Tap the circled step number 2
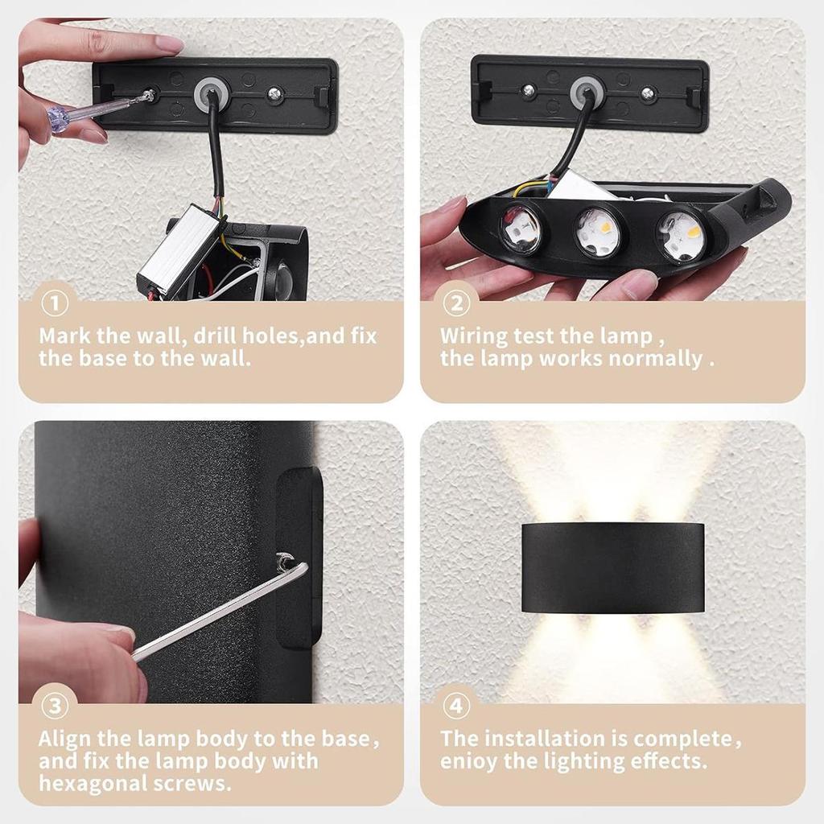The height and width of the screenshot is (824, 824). click(x=456, y=305)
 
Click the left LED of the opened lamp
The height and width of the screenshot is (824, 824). click(x=521, y=228)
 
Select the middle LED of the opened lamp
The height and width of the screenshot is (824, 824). click(x=599, y=232)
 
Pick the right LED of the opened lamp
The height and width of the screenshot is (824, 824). click(x=681, y=234)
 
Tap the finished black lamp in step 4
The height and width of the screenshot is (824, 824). click(x=612, y=567)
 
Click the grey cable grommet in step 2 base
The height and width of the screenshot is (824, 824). click(x=587, y=91)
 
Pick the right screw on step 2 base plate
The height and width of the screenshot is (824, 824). click(x=649, y=94)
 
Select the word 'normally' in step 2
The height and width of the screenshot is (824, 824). click(x=655, y=358)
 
